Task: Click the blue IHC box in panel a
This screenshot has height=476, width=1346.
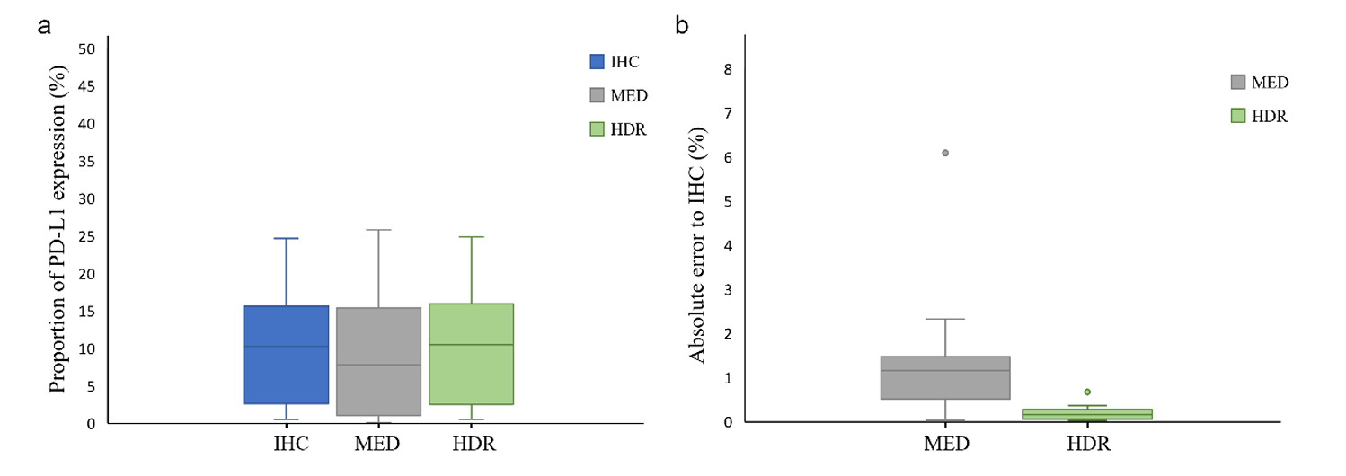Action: click(x=286, y=355)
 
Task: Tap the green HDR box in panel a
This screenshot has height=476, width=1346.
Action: click(x=471, y=354)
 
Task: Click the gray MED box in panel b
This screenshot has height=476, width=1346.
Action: click(x=945, y=377)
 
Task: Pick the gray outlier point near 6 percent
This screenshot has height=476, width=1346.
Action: click(x=945, y=153)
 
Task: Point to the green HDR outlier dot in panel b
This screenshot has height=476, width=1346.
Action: click(x=1087, y=392)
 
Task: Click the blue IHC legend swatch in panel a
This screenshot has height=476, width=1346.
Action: click(x=597, y=62)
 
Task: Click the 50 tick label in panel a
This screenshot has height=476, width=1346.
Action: click(x=86, y=48)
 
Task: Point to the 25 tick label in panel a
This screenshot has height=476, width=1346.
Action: click(x=86, y=236)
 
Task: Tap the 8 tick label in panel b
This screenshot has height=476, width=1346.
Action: click(x=729, y=69)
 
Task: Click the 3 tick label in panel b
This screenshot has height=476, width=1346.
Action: click(x=729, y=290)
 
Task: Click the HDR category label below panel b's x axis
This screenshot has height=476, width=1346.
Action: click(x=1087, y=443)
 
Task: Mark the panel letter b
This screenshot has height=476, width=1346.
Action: click(x=682, y=25)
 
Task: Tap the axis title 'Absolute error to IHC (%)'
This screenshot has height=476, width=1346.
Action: click(x=698, y=244)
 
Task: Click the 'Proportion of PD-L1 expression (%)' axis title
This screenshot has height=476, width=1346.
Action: click(x=58, y=230)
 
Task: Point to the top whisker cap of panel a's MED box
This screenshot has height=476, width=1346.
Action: click(x=378, y=230)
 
